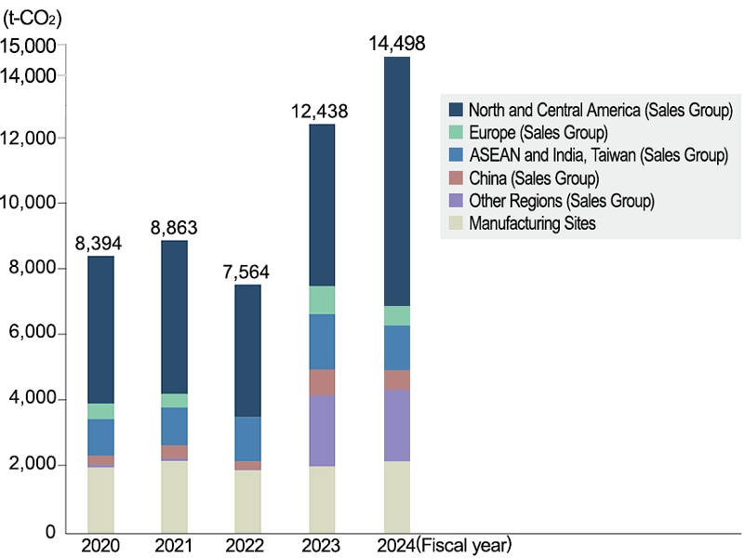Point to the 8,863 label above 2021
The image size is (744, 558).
[x=173, y=228]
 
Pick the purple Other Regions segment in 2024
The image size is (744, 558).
[x=397, y=425]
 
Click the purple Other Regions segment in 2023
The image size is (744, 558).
[x=322, y=431]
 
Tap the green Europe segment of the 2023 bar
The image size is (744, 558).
[x=322, y=299]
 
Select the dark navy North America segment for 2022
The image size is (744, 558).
[x=247, y=351]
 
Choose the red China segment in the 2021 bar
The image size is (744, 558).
[x=174, y=452]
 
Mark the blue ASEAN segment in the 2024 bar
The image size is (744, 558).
[x=397, y=348]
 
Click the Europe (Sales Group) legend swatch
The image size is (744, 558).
[x=456, y=132]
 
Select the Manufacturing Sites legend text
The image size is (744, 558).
[x=532, y=223]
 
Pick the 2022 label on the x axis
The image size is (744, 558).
[x=247, y=544]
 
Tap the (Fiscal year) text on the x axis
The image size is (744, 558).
[x=464, y=544]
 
